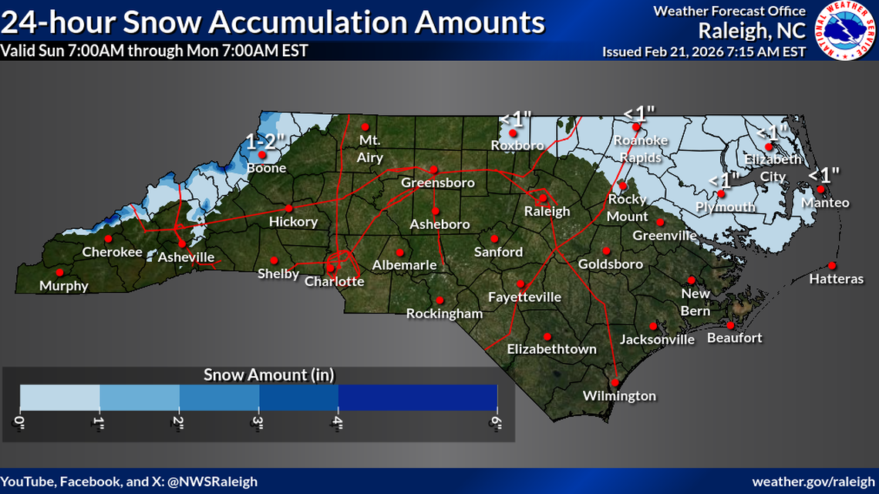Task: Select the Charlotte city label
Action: tap(334, 281)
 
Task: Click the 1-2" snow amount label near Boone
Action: tap(266, 141)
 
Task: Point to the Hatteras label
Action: tap(836, 279)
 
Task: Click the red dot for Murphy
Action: tap(60, 271)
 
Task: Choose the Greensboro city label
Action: tap(437, 183)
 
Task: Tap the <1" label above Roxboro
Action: tap(515, 119)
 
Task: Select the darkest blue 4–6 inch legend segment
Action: tap(417, 397)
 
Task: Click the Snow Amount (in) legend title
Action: tap(268, 375)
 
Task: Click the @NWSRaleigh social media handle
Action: tap(208, 481)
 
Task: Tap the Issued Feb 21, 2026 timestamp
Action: tap(703, 52)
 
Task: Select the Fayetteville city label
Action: tap(524, 297)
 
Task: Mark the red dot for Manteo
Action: tap(821, 189)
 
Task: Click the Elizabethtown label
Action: tap(551, 349)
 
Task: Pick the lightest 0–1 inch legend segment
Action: tap(60, 397)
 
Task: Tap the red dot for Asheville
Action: tap(181, 243)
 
